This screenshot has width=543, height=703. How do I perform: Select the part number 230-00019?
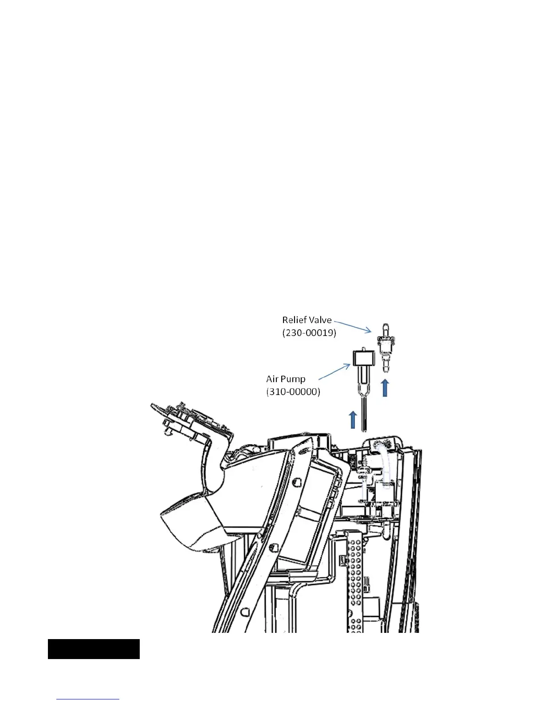tap(309, 333)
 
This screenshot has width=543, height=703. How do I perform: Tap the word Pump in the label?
tap(294, 379)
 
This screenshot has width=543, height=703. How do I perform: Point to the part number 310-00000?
tap(293, 392)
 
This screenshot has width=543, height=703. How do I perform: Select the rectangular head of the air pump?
tap(362, 357)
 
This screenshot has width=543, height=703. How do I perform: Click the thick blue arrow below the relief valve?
tap(386, 388)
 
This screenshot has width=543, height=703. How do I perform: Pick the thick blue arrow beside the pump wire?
tap(353, 419)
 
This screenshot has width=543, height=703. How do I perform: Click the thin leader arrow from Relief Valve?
tap(353, 326)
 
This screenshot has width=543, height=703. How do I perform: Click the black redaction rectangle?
tap(94, 649)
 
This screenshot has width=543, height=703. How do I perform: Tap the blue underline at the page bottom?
tap(88, 699)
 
